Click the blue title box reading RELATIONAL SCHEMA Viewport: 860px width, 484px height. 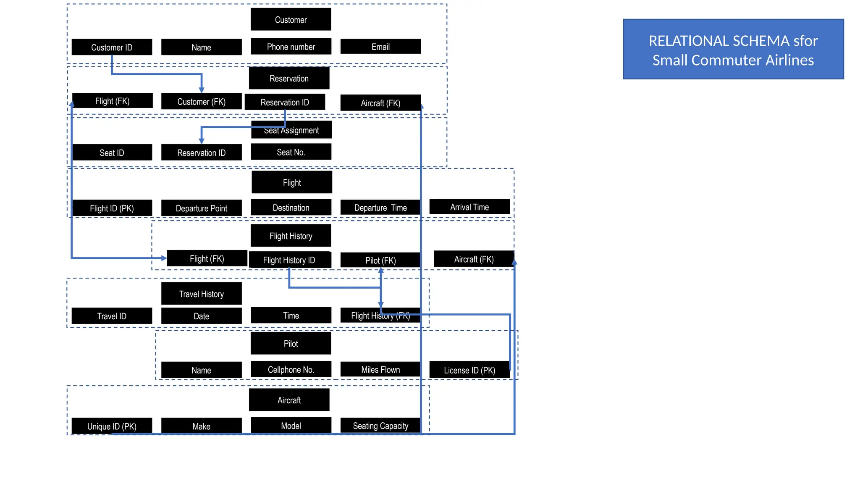coord(733,49)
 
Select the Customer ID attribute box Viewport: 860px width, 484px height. coord(112,47)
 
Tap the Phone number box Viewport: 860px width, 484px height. coord(291,47)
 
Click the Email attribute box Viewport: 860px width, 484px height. coord(380,47)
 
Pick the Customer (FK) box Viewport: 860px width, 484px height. coord(201,102)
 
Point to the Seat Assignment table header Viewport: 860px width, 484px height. coord(291,130)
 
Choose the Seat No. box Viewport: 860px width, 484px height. coord(291,152)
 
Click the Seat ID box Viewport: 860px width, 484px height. coord(112,153)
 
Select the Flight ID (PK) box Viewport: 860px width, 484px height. coord(112,208)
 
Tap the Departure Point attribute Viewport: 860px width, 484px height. coord(201,208)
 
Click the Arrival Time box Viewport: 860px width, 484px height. coord(469,207)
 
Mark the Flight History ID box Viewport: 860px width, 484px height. coord(289,260)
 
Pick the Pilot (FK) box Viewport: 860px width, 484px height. coord(380,260)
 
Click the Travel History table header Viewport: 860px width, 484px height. coord(201,294)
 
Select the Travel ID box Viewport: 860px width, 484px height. coord(112,316)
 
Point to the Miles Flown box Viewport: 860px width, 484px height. coord(380,369)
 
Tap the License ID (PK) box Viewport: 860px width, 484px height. coord(469,370)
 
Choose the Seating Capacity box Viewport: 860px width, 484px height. coord(380,426)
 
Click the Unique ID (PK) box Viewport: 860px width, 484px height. coord(112,426)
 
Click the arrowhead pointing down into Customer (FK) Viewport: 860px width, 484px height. coord(202,89)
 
